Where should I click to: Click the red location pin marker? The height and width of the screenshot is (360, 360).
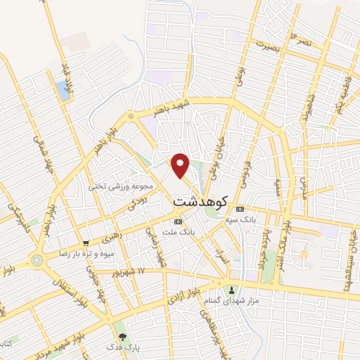pyautogui.click(x=181, y=165)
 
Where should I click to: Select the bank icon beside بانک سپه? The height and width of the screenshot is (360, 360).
pyautogui.click(x=240, y=209)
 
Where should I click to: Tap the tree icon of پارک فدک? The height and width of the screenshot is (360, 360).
pyautogui.click(x=124, y=337)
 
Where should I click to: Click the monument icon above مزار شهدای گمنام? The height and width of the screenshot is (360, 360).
pyautogui.click(x=231, y=289)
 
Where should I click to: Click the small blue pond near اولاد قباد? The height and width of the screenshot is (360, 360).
pyautogui.click(x=65, y=89)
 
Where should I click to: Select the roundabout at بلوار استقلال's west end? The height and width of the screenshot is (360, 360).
pyautogui.click(x=36, y=262)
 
